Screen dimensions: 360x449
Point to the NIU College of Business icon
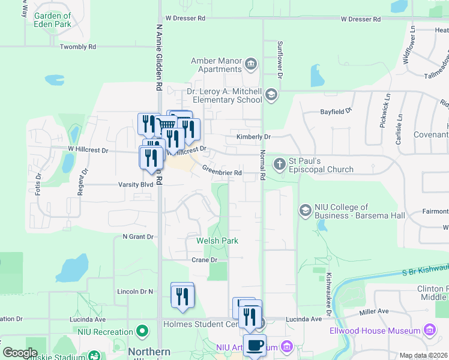click(x=305, y=211)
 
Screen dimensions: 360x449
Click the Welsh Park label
click(x=217, y=241)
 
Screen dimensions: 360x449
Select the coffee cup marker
click(x=255, y=345)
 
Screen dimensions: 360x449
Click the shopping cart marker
click(x=167, y=125)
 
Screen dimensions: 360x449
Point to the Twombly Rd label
click(x=78, y=46)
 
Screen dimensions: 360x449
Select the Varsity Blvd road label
click(x=136, y=184)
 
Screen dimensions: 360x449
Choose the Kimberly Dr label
click(x=253, y=137)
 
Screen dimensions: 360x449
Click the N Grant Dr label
click(x=137, y=236)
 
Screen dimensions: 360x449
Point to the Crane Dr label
click(x=204, y=260)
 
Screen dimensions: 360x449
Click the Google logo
click(x=20, y=353)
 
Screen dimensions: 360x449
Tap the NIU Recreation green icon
click(x=142, y=331)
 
